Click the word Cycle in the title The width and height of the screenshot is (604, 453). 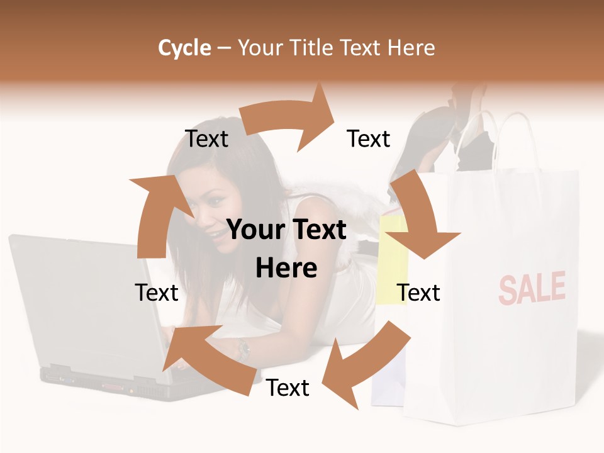tap(184, 48)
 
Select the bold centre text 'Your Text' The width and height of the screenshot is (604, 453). tap(286, 230)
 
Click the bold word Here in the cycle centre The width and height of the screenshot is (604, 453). tap(286, 268)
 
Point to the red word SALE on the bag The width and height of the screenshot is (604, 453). tap(532, 288)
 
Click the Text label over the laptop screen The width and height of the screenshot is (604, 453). tap(157, 293)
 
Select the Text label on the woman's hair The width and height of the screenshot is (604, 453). tap(206, 139)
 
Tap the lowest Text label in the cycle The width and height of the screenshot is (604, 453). tap(288, 388)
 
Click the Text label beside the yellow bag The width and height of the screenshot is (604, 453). tap(418, 293)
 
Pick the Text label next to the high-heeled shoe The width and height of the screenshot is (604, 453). tap(369, 138)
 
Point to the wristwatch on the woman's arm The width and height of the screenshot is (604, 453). tap(243, 348)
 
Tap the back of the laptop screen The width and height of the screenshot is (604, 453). tap(82, 302)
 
